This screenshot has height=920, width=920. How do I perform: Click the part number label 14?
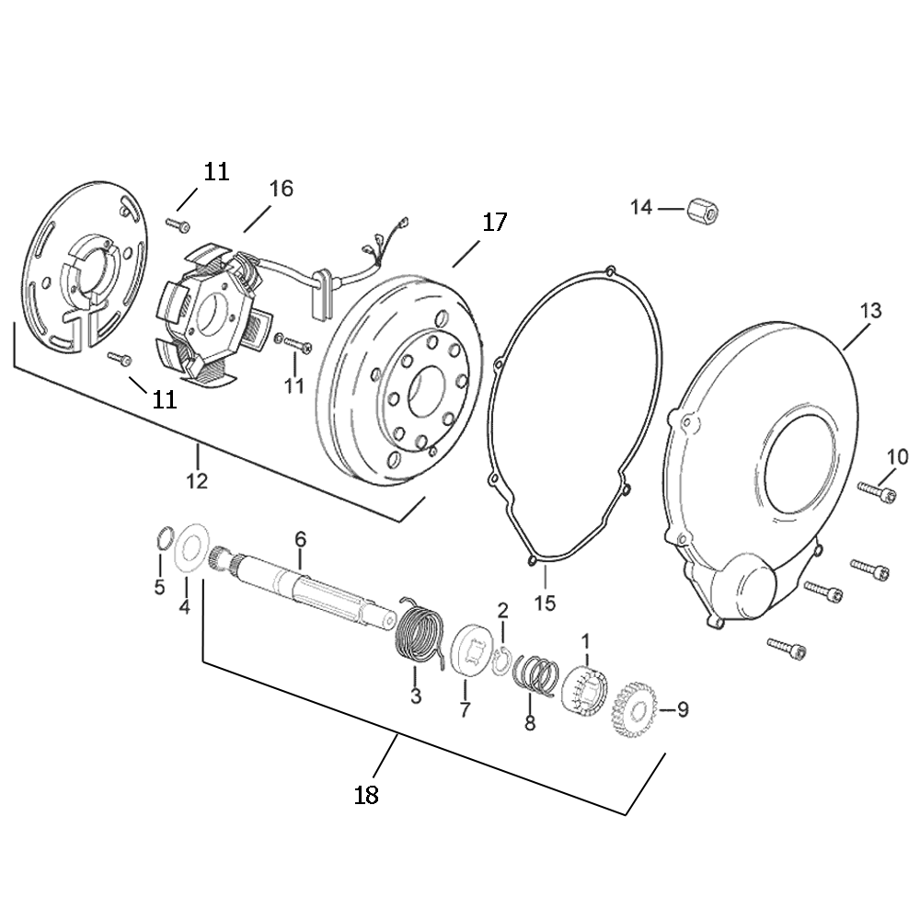640,207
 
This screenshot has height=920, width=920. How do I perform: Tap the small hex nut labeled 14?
703,209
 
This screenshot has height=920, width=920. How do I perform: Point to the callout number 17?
494,222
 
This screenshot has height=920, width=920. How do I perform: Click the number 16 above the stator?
281,189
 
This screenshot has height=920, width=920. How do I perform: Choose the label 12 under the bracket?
197,480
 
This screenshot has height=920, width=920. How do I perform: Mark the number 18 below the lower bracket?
366,794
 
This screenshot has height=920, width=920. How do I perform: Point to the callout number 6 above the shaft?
300,538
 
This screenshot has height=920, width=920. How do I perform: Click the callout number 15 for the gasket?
545,603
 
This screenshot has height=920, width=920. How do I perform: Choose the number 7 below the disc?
465,709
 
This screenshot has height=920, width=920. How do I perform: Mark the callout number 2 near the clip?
502,610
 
